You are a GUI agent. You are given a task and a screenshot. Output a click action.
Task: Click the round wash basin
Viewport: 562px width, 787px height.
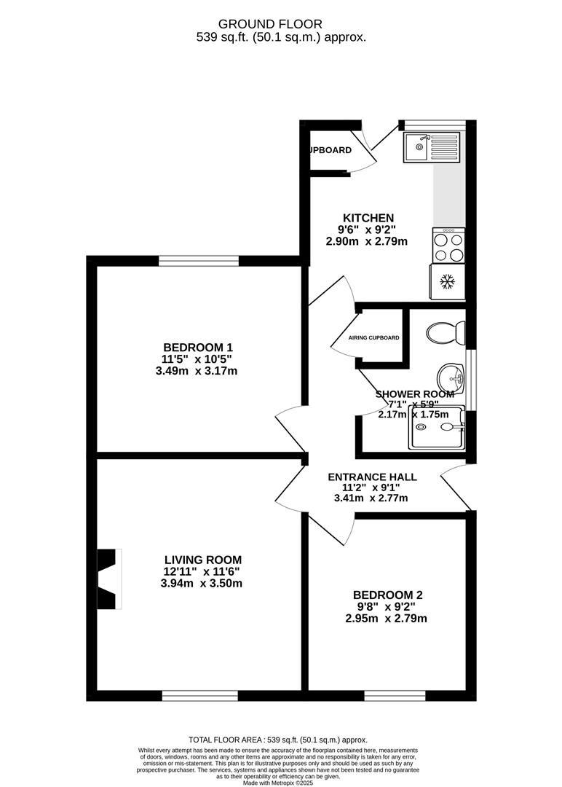coord(451,377)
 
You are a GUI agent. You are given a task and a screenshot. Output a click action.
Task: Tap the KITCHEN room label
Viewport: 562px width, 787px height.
coord(368,218)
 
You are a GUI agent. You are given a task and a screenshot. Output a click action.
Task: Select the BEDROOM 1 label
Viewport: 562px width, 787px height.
coord(197,347)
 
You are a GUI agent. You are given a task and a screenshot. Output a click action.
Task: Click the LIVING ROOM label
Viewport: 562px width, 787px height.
coord(202,560)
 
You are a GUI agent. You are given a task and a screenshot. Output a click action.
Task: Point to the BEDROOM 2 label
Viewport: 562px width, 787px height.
coord(387,595)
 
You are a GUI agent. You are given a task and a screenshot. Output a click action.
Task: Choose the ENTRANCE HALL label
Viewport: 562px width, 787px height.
coord(372,477)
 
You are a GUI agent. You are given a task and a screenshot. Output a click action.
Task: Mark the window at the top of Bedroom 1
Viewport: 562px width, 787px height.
coord(199,260)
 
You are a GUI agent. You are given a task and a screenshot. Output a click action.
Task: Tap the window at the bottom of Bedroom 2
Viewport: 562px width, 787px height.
coord(395,696)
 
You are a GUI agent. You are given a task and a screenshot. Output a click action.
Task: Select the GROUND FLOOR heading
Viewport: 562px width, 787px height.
coord(281,24)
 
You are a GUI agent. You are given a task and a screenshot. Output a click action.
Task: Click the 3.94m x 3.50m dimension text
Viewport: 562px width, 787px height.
coord(203,584)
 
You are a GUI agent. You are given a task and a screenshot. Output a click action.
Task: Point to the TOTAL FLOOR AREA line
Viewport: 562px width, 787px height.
coord(278,739)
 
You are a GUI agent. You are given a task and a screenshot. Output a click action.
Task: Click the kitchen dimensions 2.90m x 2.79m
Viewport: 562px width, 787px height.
coord(368,241)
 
